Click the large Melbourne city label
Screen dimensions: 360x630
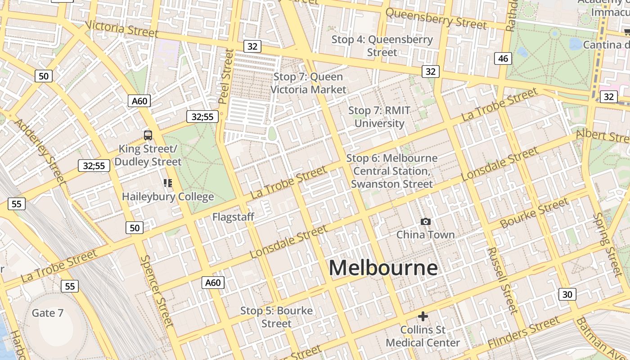[x=383, y=268]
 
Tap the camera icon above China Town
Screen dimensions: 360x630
[x=425, y=221]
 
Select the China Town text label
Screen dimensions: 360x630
[x=425, y=234]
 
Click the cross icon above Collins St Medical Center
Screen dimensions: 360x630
[x=423, y=316]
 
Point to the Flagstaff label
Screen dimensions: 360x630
[x=233, y=217]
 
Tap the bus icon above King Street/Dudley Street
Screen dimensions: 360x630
[x=148, y=135]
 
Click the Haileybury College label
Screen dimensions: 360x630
[x=168, y=197]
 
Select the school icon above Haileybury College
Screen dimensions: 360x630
[x=168, y=183]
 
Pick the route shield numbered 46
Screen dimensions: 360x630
[x=503, y=58]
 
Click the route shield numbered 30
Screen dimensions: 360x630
[x=567, y=294]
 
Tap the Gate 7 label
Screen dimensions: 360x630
[x=47, y=313]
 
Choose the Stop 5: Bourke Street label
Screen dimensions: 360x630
[x=276, y=317]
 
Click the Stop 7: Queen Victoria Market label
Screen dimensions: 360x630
[x=308, y=83]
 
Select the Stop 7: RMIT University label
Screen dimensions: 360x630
[x=379, y=117]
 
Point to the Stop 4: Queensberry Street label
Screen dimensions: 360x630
[x=382, y=46]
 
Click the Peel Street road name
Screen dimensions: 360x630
[x=226, y=76]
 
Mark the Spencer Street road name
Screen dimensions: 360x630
[x=157, y=291]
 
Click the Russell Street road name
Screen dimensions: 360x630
[x=502, y=280]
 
